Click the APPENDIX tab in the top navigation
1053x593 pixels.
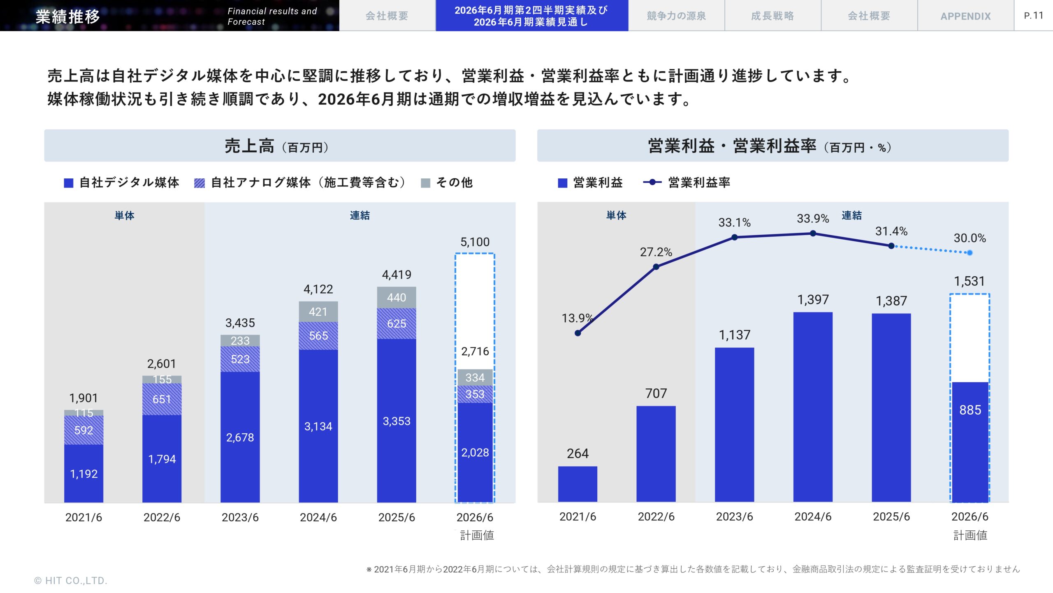(965, 16)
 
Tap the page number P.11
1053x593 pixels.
(1034, 16)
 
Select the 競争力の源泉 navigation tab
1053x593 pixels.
(676, 16)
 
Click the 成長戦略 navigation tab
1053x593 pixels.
(772, 16)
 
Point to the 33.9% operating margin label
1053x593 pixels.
(813, 219)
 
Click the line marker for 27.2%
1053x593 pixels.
(656, 267)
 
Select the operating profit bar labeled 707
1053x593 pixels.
(656, 453)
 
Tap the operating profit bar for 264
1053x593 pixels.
(578, 484)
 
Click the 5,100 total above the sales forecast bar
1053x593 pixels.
(475, 242)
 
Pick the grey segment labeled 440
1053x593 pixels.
(397, 297)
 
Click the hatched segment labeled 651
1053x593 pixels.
(162, 399)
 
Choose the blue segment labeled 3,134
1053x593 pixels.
(318, 426)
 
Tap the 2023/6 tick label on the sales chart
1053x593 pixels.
(240, 517)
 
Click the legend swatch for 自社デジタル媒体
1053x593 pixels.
(69, 183)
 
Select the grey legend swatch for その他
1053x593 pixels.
(426, 183)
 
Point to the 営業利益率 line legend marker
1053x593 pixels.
(652, 182)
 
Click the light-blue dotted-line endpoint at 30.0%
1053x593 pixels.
(970, 253)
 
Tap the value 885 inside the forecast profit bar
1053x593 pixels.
(970, 410)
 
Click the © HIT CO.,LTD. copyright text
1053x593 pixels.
(70, 581)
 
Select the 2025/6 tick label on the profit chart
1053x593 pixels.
(891, 516)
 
